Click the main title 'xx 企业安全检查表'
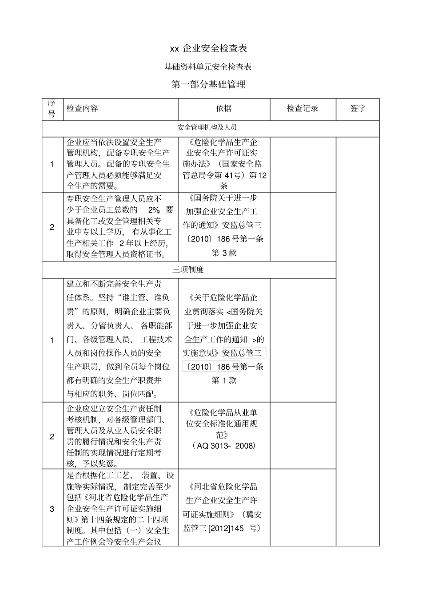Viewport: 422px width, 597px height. [208, 48]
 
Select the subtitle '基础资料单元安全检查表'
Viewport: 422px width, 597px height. [208, 67]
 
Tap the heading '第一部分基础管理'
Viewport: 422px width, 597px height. [208, 84]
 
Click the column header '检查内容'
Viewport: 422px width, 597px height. [82, 109]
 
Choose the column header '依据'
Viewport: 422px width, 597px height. [224, 109]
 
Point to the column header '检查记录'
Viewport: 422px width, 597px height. [303, 109]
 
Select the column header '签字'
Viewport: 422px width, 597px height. [358, 109]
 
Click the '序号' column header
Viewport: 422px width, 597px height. [52, 109]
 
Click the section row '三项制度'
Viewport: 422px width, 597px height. [188, 269]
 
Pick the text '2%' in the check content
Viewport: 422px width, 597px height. [154, 210]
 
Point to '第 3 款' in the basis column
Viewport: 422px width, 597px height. [224, 253]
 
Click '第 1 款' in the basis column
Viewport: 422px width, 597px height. [224, 380]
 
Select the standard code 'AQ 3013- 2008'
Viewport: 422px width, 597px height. [224, 446]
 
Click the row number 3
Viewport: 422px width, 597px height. [52, 509]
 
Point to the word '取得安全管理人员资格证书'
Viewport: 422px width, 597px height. [114, 254]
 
